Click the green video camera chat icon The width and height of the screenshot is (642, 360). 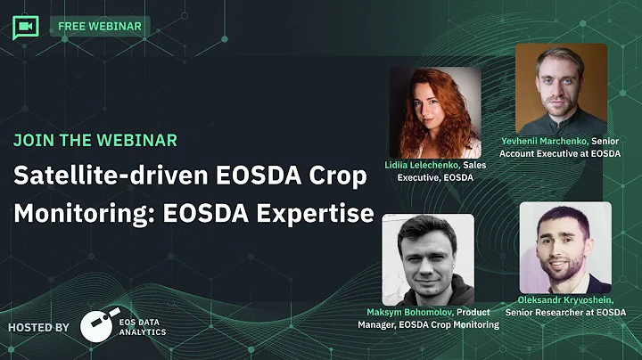pyautogui.click(x=26, y=27)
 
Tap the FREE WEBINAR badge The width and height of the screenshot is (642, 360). pyautogui.click(x=100, y=26)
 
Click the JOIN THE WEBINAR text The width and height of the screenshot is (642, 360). pyautogui.click(x=95, y=140)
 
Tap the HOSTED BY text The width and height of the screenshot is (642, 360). pyautogui.click(x=38, y=327)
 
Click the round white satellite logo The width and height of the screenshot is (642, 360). pyautogui.click(x=97, y=327)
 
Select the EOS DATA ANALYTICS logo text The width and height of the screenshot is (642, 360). pyautogui.click(x=143, y=327)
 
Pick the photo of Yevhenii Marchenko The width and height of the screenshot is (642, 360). pyautogui.click(x=561, y=89)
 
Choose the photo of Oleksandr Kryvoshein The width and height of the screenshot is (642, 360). pyautogui.click(x=565, y=247)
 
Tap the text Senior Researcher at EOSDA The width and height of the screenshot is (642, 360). pyautogui.click(x=565, y=314)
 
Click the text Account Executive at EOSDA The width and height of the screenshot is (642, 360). pyautogui.click(x=559, y=153)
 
